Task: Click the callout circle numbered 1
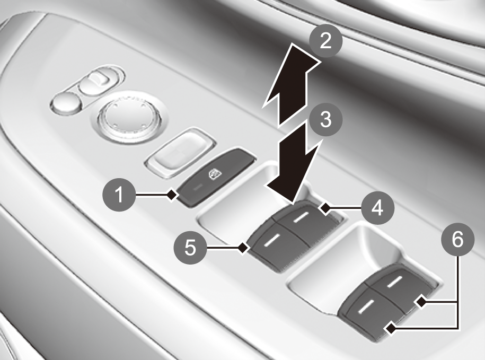click(119, 195)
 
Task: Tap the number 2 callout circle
click(325, 41)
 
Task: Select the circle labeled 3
click(325, 119)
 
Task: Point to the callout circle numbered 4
click(377, 207)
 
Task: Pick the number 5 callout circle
click(190, 248)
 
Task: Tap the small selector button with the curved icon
click(97, 81)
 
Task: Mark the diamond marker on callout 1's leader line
click(172, 195)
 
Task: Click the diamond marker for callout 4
click(325, 208)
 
